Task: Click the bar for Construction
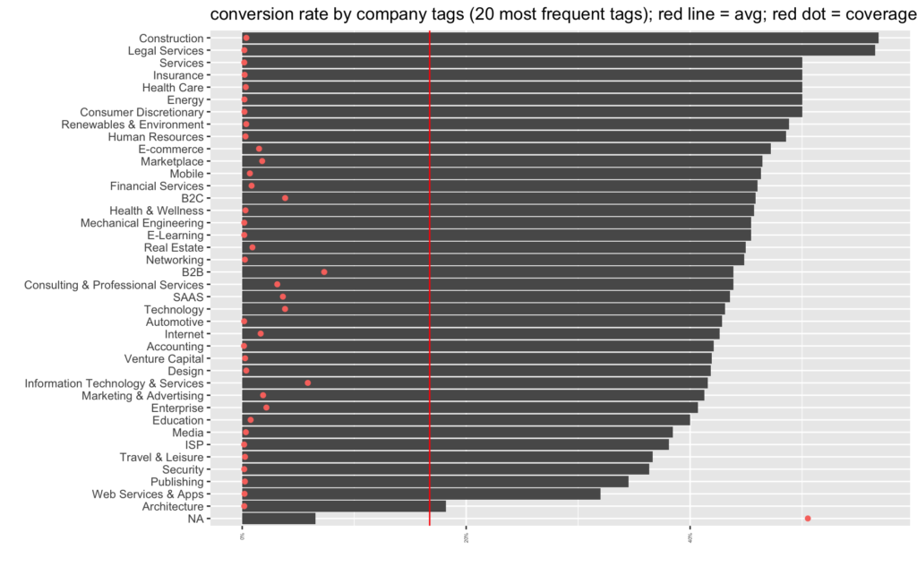(560, 38)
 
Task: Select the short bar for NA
(279, 519)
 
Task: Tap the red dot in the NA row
(808, 519)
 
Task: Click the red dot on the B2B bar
(324, 271)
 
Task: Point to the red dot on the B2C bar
(285, 198)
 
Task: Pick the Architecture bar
(344, 506)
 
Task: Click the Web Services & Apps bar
(421, 494)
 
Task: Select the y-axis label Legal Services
(166, 51)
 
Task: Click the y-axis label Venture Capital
(164, 358)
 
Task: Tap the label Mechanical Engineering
(141, 222)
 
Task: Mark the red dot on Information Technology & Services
(308, 382)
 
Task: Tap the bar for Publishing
(435, 482)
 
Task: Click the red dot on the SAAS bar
(283, 296)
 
